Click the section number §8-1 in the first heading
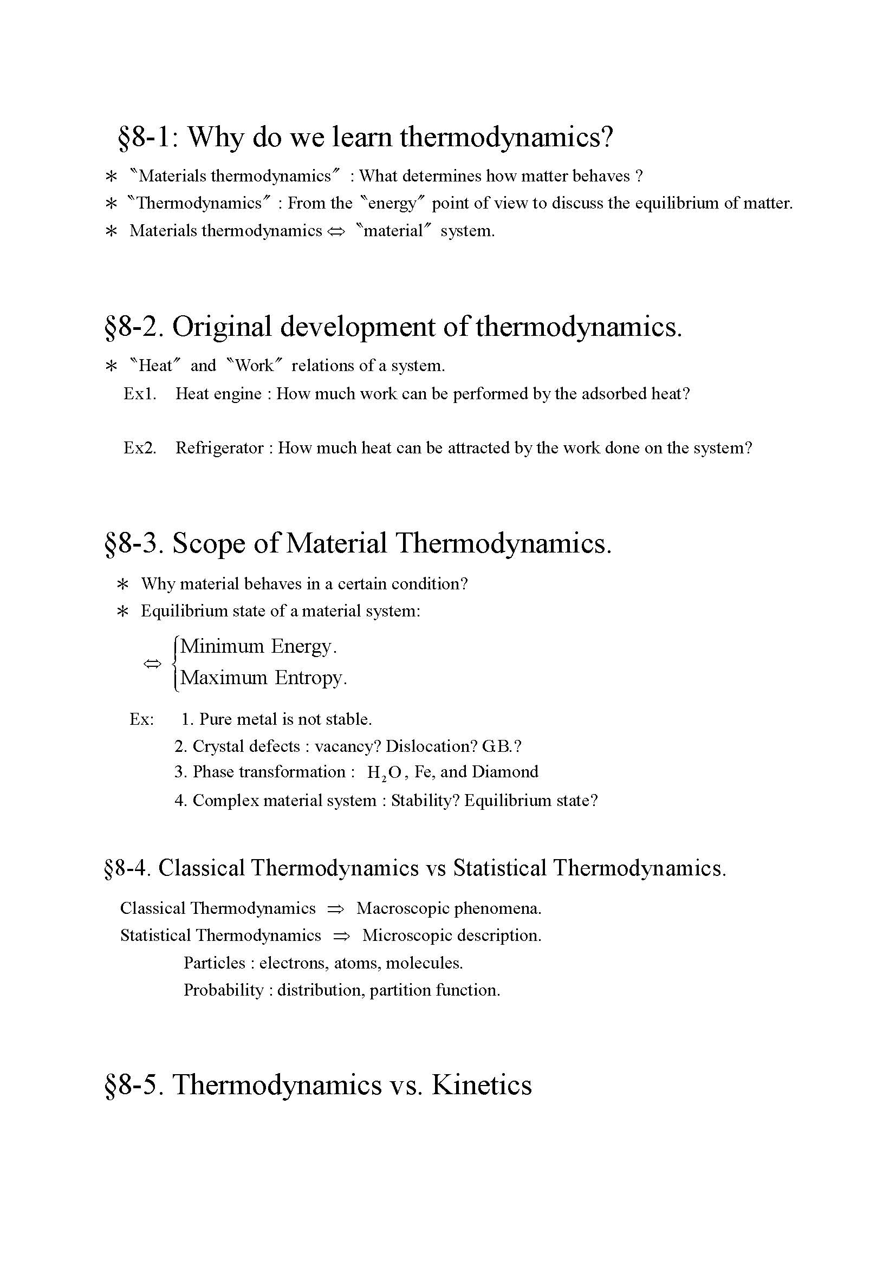[145, 137]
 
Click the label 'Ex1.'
[140, 393]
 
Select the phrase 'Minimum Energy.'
[258, 646]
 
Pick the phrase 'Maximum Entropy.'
[264, 678]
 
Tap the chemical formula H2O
[384, 772]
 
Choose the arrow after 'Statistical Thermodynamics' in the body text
[341, 936]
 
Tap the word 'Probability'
[223, 990]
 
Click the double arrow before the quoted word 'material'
[335, 231]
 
